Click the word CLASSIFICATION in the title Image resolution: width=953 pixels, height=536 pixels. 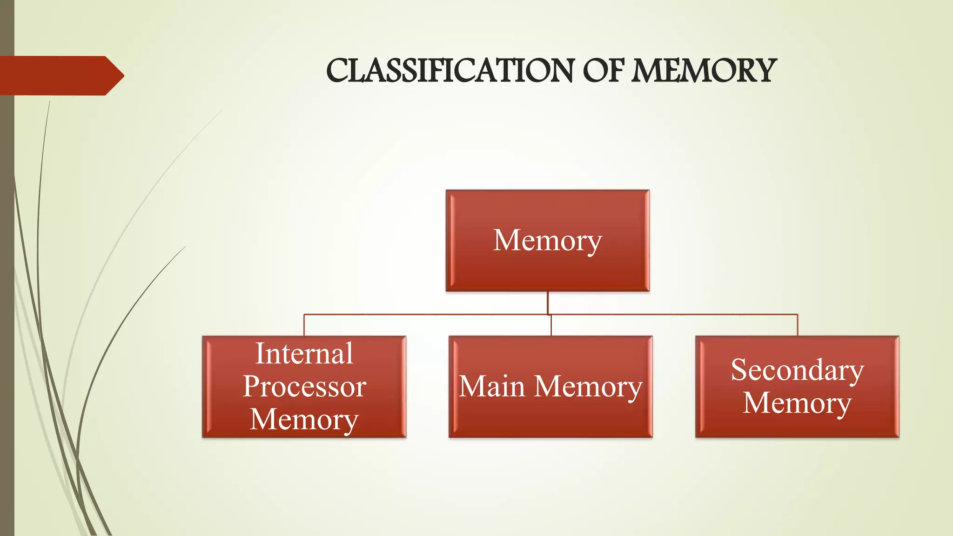coord(450,71)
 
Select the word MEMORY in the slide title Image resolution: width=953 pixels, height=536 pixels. coord(703,71)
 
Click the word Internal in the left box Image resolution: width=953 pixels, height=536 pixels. coord(304,354)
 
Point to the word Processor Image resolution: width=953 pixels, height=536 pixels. coord(304,387)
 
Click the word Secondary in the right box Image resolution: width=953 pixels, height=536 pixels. coord(797,370)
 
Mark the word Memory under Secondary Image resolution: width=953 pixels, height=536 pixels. coord(797,403)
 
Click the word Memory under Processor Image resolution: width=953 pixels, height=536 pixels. coord(304,420)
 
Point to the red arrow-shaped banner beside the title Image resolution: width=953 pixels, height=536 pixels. coord(56,75)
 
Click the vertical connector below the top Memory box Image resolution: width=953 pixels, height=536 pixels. coord(548,302)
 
